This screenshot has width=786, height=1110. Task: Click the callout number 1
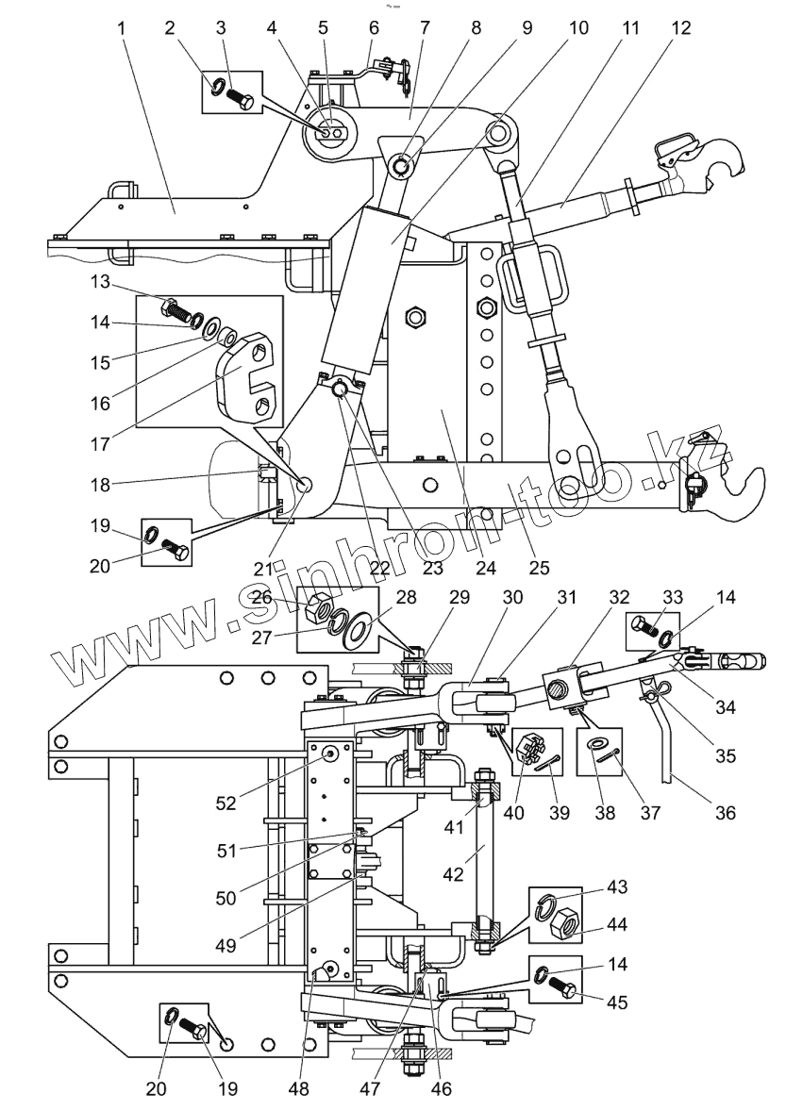[122, 29]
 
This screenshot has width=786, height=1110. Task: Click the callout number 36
[725, 810]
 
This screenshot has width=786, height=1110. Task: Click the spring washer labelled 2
[218, 89]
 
